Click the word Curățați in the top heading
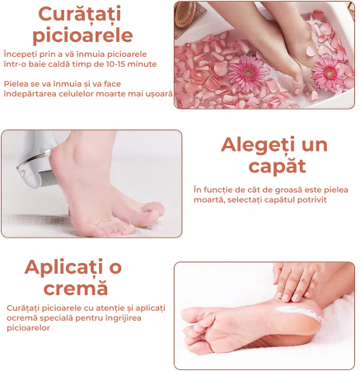80,14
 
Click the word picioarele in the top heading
82,35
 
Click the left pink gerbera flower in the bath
248,73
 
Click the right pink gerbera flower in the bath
329,73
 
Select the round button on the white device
23,173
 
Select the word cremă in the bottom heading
76,288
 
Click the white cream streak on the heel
299,312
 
